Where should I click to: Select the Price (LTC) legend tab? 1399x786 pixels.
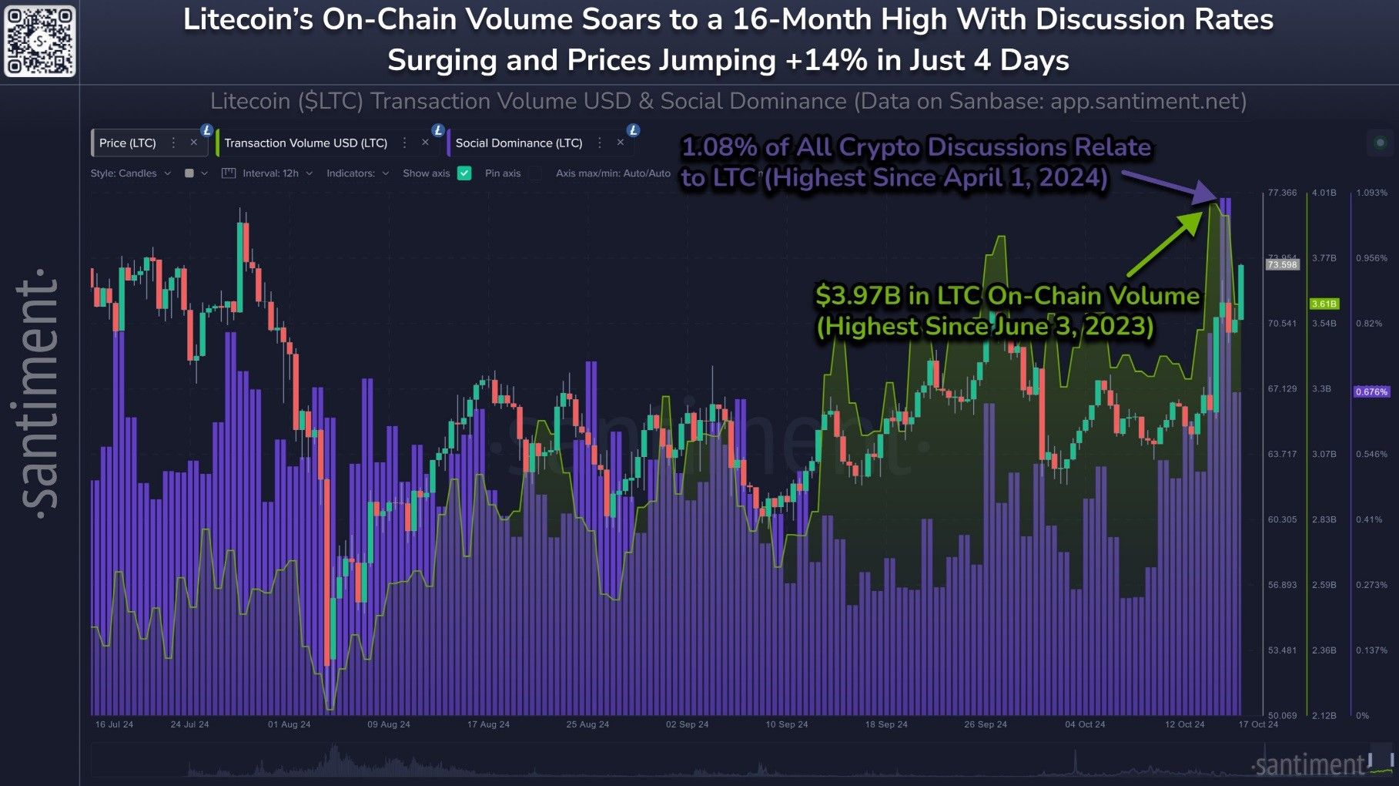point(128,143)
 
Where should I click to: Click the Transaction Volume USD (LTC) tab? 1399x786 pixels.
point(306,143)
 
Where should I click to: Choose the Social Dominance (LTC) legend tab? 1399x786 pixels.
point(519,143)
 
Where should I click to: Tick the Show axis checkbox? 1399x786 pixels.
point(464,173)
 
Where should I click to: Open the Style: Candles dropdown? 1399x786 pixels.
point(129,173)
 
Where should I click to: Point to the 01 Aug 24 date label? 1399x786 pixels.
point(290,724)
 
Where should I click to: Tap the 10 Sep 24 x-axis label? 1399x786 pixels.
point(787,724)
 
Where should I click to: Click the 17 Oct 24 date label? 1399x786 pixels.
point(1258,724)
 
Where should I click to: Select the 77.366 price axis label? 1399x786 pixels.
point(1282,193)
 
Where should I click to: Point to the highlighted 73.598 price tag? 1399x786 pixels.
point(1282,265)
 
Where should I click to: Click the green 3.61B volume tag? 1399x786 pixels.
point(1324,304)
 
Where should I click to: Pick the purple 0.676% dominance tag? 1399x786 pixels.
point(1372,392)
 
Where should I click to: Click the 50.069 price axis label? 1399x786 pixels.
point(1282,716)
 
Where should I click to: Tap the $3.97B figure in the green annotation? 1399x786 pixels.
point(852,296)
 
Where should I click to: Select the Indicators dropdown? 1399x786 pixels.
point(356,173)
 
